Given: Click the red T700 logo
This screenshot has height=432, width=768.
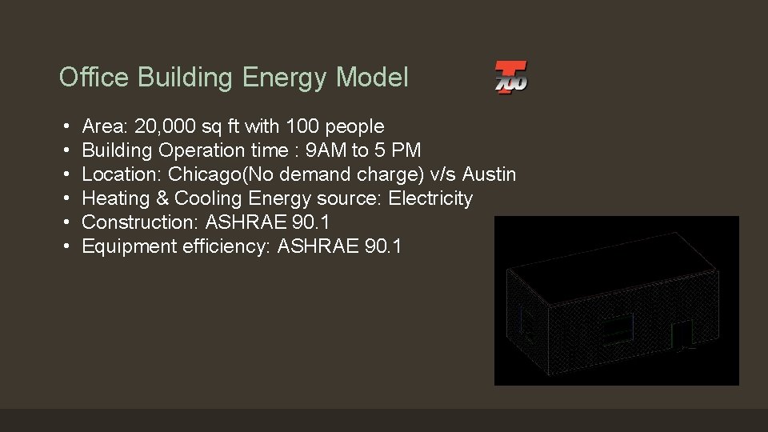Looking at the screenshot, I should pyautogui.click(x=510, y=78).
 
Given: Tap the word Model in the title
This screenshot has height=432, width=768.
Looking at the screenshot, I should pyautogui.click(x=372, y=78).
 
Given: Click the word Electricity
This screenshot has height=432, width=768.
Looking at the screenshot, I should pyautogui.click(x=430, y=198).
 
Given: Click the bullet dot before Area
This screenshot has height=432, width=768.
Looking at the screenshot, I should pyautogui.click(x=64, y=127).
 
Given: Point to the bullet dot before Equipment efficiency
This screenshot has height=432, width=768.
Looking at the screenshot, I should pyautogui.click(x=64, y=247).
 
